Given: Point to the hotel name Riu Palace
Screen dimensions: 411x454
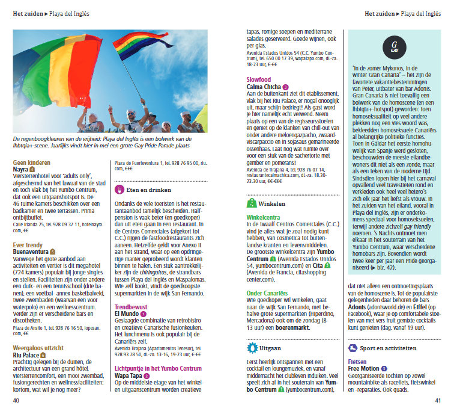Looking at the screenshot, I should click(x=27, y=355).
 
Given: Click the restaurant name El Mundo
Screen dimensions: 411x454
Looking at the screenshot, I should click(x=126, y=314).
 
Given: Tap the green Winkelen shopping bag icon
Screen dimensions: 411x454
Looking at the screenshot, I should click(x=252, y=203).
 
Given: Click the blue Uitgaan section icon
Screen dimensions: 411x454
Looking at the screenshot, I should click(x=252, y=347).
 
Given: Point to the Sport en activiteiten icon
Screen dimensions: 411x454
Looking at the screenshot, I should click(x=353, y=348).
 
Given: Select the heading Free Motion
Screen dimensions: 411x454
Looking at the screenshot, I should click(x=364, y=368).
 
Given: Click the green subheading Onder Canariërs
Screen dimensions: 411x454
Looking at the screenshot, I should click(x=268, y=293).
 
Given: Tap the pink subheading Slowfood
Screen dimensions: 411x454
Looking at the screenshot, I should click(x=259, y=79).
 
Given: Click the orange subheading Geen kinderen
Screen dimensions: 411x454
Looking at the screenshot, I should click(x=31, y=162).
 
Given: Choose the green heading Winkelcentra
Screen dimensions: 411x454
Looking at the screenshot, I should click(x=264, y=217).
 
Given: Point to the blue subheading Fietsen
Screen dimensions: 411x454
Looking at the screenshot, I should click(x=358, y=361).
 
